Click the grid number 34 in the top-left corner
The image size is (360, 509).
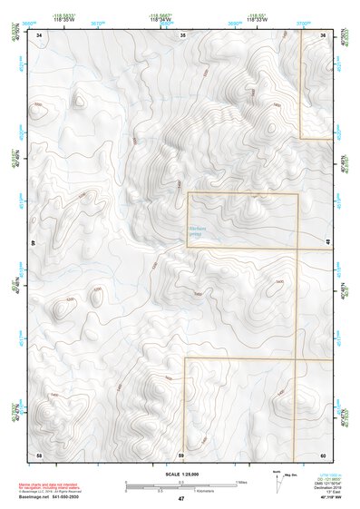(40, 34)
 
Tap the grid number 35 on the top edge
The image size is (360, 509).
(182, 34)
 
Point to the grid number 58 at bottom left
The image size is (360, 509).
(39, 453)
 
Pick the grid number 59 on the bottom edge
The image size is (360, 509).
(180, 453)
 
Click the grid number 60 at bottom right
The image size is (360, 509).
(323, 453)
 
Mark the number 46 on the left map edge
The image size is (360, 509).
(34, 243)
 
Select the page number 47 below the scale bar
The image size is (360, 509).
(181, 499)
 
